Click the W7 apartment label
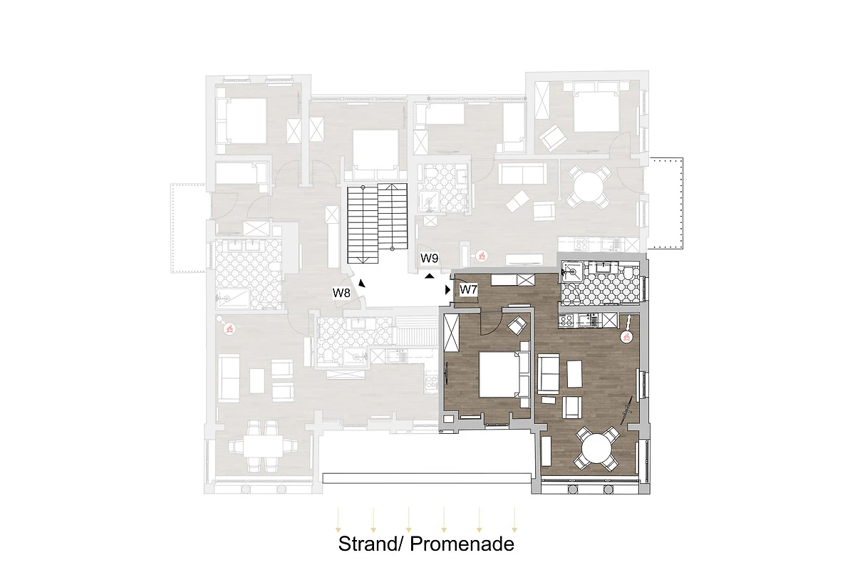(x=468, y=290)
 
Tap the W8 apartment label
(x=341, y=293)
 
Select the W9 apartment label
(x=429, y=258)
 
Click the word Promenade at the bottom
(x=462, y=544)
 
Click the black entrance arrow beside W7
(x=448, y=290)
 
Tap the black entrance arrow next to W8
(x=361, y=284)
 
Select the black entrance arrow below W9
(x=430, y=276)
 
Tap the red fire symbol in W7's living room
(x=626, y=337)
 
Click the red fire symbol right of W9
(x=482, y=255)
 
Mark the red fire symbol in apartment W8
(x=229, y=328)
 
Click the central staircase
(x=377, y=223)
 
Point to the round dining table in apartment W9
(x=589, y=187)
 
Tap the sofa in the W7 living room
(x=549, y=374)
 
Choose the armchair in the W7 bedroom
(x=517, y=325)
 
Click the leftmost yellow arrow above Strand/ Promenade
(x=338, y=519)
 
